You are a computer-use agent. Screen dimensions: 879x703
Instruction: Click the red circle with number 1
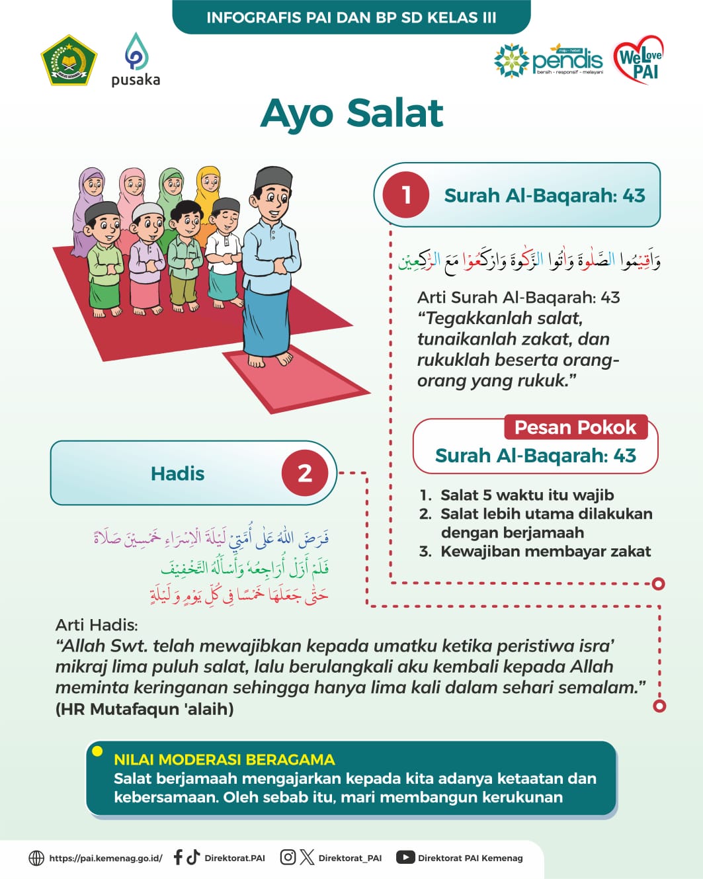tap(406, 195)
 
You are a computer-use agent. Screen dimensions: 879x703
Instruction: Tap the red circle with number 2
tap(304, 473)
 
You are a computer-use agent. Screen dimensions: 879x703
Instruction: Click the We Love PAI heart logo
tap(638, 60)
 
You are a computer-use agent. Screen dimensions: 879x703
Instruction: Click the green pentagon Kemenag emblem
tap(69, 61)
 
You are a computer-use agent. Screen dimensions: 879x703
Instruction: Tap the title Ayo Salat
tap(352, 113)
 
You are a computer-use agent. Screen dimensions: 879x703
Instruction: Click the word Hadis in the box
tap(177, 474)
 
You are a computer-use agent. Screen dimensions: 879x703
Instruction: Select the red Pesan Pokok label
tap(575, 427)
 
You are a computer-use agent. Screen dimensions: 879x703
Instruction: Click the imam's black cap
tap(274, 177)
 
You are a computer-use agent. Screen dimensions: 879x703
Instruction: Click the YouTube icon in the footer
tap(405, 857)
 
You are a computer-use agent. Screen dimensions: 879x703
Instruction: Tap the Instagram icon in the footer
tap(288, 857)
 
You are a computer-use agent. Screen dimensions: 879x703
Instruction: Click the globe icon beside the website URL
tap(36, 858)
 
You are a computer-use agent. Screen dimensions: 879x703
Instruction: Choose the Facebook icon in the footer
tap(177, 857)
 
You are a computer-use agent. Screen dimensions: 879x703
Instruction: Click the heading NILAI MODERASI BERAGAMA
tap(224, 759)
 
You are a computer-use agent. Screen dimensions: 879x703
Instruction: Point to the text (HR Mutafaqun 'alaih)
tap(145, 709)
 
